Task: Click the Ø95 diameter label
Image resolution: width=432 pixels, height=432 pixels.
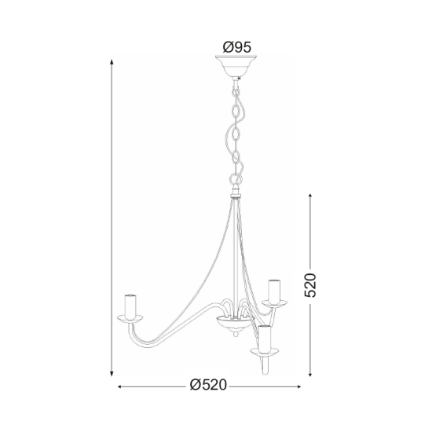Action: point(236,48)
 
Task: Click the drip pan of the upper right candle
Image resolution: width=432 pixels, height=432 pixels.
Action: point(273,302)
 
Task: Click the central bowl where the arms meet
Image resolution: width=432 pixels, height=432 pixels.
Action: point(230,323)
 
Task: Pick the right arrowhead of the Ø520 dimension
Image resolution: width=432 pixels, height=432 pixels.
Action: point(302,386)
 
